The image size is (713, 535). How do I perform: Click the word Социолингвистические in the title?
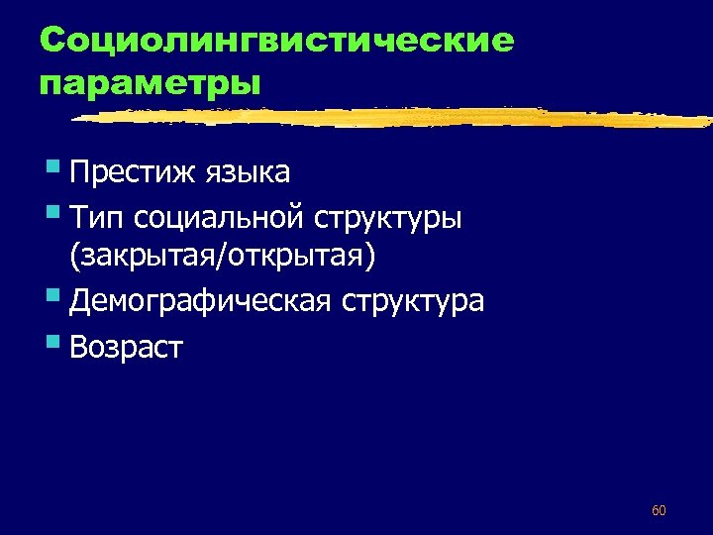277,42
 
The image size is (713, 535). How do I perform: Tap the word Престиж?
136,172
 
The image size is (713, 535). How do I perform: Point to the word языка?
249,172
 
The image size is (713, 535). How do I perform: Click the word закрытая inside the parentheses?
149,257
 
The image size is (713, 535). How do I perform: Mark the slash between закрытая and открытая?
229,257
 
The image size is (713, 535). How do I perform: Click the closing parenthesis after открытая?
371,257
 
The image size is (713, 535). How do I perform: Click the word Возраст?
127,347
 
